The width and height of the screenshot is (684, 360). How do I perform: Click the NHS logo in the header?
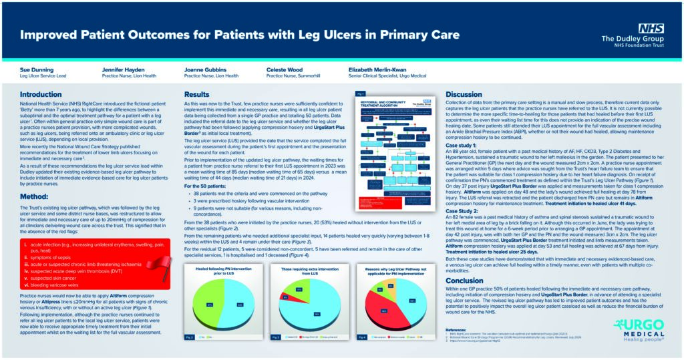tap(650, 28)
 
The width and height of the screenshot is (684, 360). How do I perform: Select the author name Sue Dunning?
tap(35, 69)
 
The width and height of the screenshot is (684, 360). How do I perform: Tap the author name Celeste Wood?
tap(285, 69)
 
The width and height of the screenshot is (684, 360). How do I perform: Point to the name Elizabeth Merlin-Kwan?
tap(381, 69)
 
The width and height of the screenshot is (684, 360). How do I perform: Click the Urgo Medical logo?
tap(639, 329)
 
